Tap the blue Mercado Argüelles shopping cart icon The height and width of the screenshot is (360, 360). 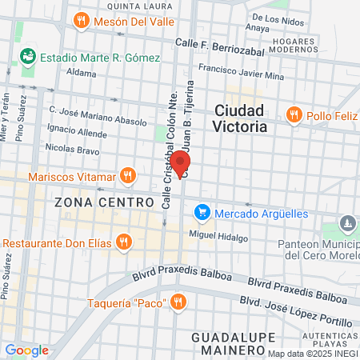pyautogui.click(x=202, y=213)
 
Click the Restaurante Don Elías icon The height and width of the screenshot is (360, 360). pyautogui.click(x=122, y=241)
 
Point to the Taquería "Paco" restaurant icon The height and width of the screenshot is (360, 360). pyautogui.click(x=178, y=302)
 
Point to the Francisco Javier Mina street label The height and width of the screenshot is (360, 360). pyautogui.click(x=241, y=73)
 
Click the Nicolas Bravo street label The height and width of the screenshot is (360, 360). pyautogui.click(x=73, y=148)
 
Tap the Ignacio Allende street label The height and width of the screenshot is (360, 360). pyautogui.click(x=77, y=129)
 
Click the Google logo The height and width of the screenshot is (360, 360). pyautogui.click(x=26, y=350)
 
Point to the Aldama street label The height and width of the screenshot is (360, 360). pyautogui.click(x=81, y=72)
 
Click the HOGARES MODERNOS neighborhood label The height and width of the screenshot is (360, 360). pyautogui.click(x=294, y=45)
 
